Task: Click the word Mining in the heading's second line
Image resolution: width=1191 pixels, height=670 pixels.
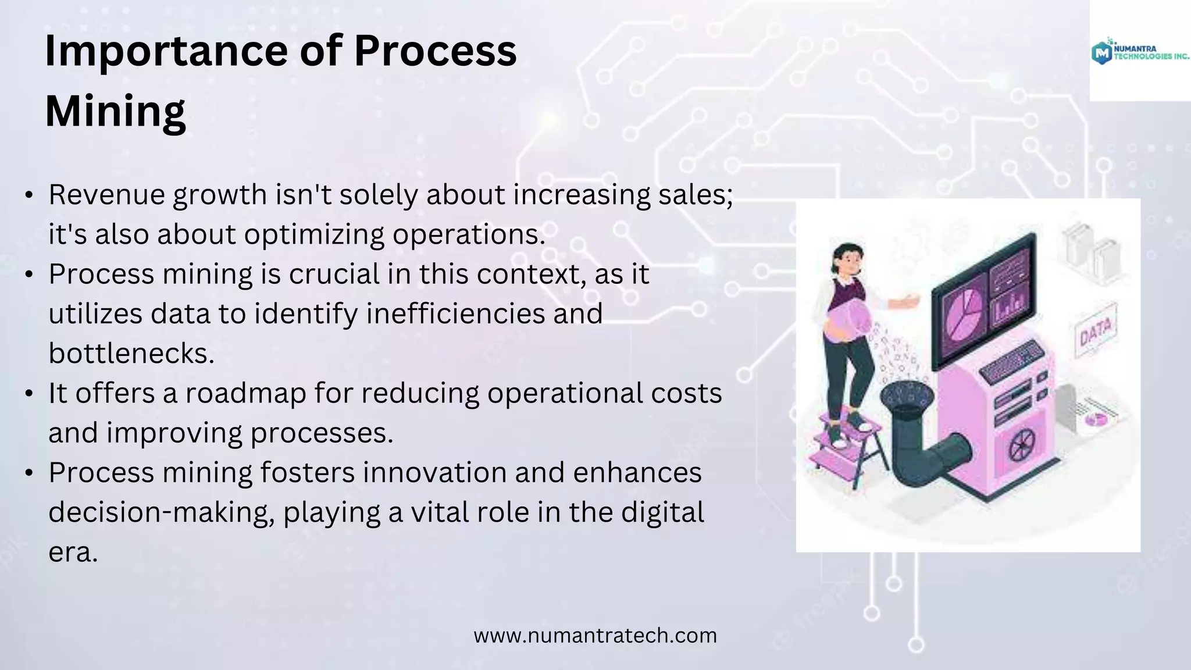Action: point(115,111)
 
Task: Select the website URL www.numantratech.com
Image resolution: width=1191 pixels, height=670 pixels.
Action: point(595,635)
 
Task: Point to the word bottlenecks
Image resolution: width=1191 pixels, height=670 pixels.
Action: point(131,353)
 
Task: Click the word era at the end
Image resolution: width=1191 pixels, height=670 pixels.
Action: point(73,552)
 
